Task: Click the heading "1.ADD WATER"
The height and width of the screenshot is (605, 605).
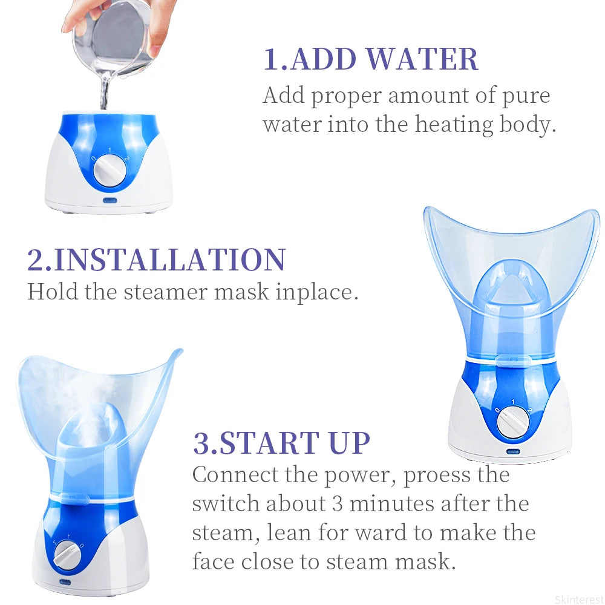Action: (x=370, y=59)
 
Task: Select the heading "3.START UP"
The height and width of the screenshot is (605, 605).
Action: (x=281, y=443)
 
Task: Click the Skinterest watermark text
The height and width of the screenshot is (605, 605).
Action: (x=578, y=600)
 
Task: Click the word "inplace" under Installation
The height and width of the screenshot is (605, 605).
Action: (x=317, y=292)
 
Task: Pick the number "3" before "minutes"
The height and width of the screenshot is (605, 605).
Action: (x=337, y=504)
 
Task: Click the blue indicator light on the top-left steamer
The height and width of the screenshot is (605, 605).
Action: (x=110, y=200)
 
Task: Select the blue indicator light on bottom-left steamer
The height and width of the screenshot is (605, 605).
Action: (x=64, y=583)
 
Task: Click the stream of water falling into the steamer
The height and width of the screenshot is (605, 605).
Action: (x=104, y=94)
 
